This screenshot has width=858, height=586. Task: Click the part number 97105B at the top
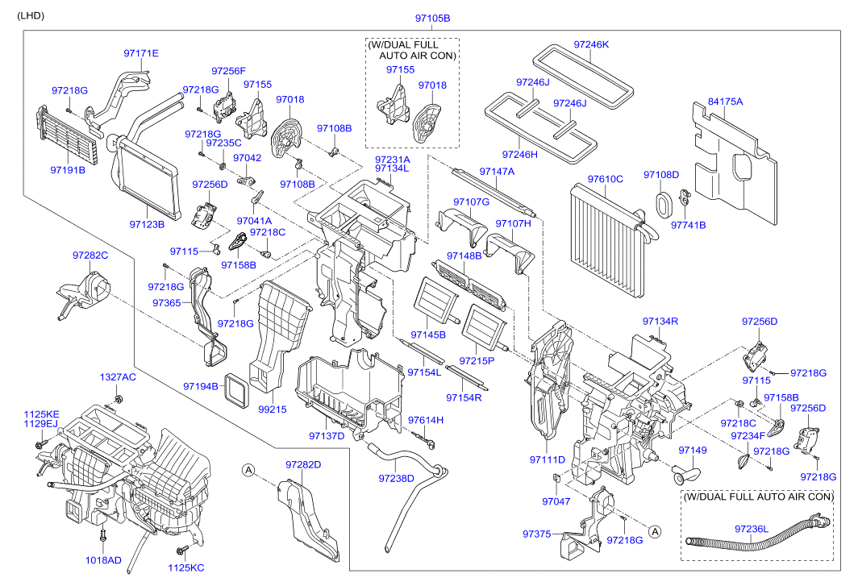click(432, 18)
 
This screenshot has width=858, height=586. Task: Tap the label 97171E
click(140, 53)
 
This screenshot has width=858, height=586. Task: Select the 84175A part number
click(725, 102)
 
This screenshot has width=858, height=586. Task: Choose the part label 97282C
click(90, 255)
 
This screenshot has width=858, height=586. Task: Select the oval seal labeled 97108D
click(664, 205)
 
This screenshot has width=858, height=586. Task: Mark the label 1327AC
click(118, 377)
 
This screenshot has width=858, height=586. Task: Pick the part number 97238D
click(396, 478)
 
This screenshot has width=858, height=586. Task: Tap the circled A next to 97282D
click(249, 470)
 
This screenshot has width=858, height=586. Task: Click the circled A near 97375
click(655, 531)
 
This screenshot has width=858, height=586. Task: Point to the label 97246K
click(591, 44)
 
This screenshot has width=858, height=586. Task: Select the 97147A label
click(497, 171)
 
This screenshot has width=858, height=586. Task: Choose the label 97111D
click(548, 459)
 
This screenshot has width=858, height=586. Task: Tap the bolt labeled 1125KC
click(182, 549)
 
